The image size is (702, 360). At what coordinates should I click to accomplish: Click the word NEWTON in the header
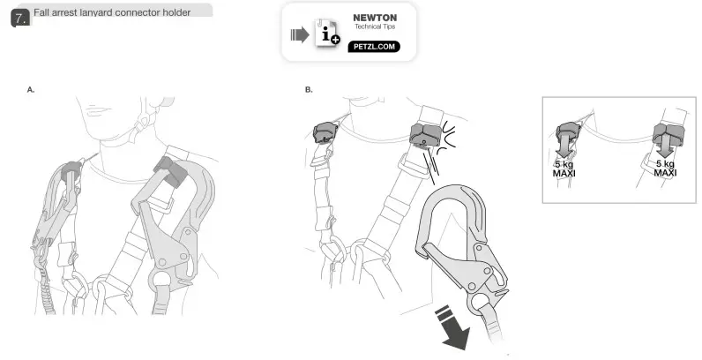375,18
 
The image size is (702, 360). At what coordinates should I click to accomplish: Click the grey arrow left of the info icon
299,35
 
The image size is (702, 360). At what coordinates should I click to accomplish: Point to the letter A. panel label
31,90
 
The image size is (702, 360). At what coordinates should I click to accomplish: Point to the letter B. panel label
309,90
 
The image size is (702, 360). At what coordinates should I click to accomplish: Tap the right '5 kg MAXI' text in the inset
665,168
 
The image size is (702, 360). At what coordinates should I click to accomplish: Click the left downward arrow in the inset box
564,147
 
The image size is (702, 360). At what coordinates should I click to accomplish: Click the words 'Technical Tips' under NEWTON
375,27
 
